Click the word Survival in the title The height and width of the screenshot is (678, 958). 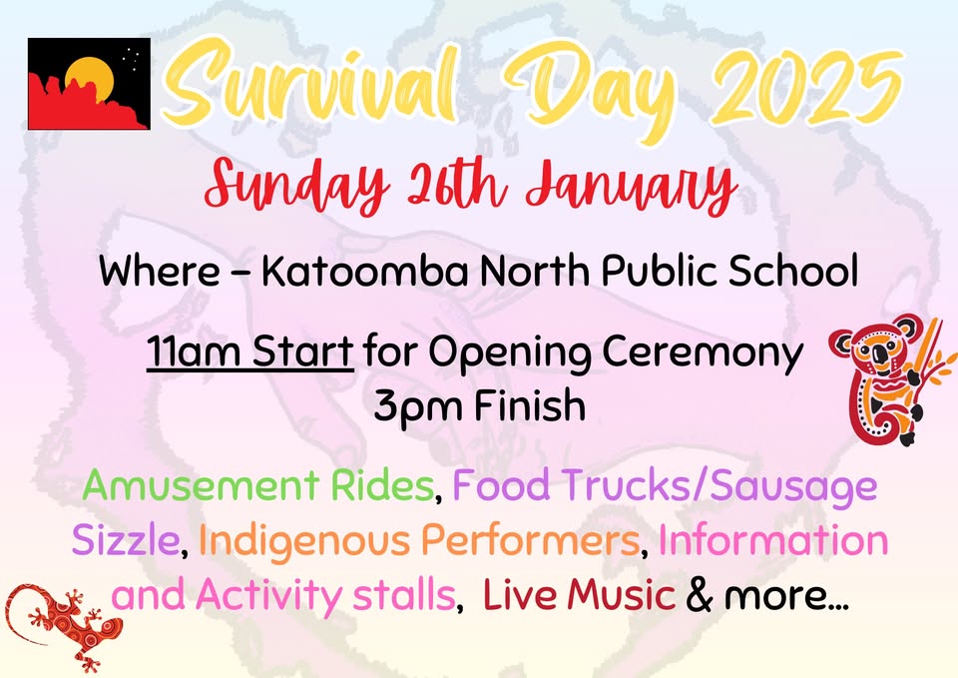pos(310,83)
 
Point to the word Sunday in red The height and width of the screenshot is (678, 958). pos(297,184)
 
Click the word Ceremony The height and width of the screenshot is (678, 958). pos(703,353)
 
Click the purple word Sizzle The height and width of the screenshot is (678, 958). pos(126,540)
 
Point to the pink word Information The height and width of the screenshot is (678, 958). pos(772,539)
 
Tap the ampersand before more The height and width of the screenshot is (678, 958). pos(700,595)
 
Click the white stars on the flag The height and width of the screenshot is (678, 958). pos(131,58)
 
